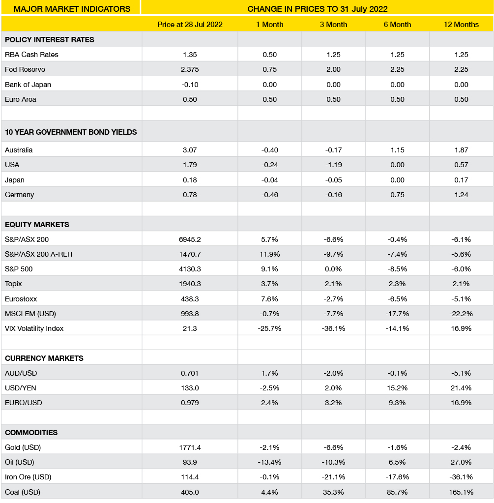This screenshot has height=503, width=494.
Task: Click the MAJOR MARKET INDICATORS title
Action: [x=72, y=9]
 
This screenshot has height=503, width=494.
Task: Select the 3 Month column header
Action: [x=333, y=25]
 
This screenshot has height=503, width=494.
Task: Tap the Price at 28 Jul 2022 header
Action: [x=190, y=25]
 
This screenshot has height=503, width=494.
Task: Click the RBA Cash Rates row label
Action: [x=31, y=55]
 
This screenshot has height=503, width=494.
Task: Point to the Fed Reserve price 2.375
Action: [x=190, y=69]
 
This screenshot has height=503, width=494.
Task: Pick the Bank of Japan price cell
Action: [x=190, y=85]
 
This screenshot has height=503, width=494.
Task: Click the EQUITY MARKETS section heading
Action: [x=37, y=225]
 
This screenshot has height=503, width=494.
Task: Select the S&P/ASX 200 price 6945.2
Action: [x=190, y=239]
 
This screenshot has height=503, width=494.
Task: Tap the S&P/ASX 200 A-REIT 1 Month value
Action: [x=269, y=254]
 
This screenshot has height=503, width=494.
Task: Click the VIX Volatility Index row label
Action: [x=34, y=328]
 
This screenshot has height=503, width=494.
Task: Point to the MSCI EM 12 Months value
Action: [x=461, y=314]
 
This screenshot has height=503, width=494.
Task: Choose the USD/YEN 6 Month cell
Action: [x=397, y=388]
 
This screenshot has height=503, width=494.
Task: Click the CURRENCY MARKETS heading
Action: [x=44, y=358]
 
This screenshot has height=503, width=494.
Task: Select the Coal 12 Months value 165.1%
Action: [x=461, y=492]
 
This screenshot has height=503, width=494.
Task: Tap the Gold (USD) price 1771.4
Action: [x=190, y=447]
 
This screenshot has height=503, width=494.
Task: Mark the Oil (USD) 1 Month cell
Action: [x=269, y=462]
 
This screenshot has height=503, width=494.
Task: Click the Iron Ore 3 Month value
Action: [x=333, y=477]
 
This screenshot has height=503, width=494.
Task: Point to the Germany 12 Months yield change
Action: [x=461, y=195]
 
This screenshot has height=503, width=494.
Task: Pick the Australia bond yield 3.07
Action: [x=190, y=150]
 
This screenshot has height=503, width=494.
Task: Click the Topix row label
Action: [x=13, y=284]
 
